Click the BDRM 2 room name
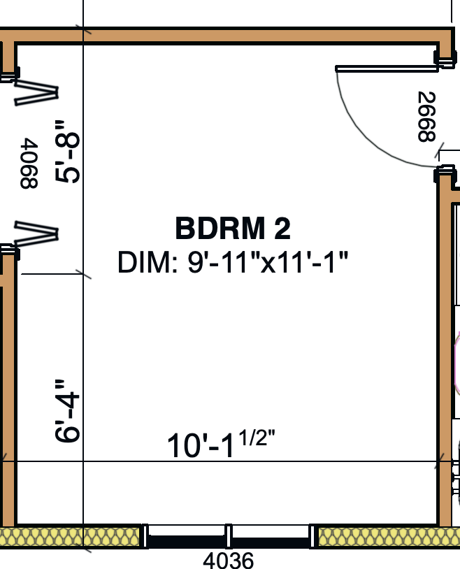(233, 229)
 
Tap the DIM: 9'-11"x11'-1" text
(233, 262)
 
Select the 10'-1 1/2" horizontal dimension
(221, 444)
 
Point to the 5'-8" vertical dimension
(67, 152)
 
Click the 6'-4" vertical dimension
(67, 411)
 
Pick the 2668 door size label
(426, 117)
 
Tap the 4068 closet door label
(29, 164)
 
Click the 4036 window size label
(228, 560)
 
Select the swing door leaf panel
(387, 69)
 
